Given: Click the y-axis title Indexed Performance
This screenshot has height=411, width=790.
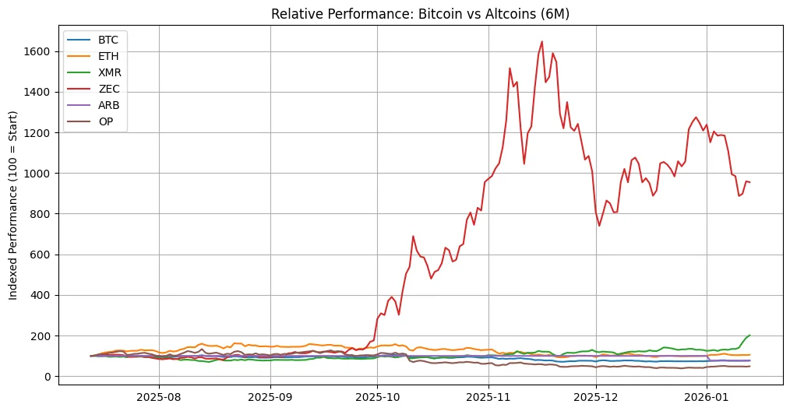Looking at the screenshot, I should click(15, 205).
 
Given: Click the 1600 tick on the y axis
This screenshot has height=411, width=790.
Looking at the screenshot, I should click(37, 51).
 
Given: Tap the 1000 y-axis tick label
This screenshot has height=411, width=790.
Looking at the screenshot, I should click(37, 174).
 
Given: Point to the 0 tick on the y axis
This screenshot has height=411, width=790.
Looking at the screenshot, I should click(48, 377).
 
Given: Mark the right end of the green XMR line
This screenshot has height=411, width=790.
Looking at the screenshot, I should click(749, 335).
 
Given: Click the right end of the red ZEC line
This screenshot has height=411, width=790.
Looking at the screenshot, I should click(749, 182).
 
